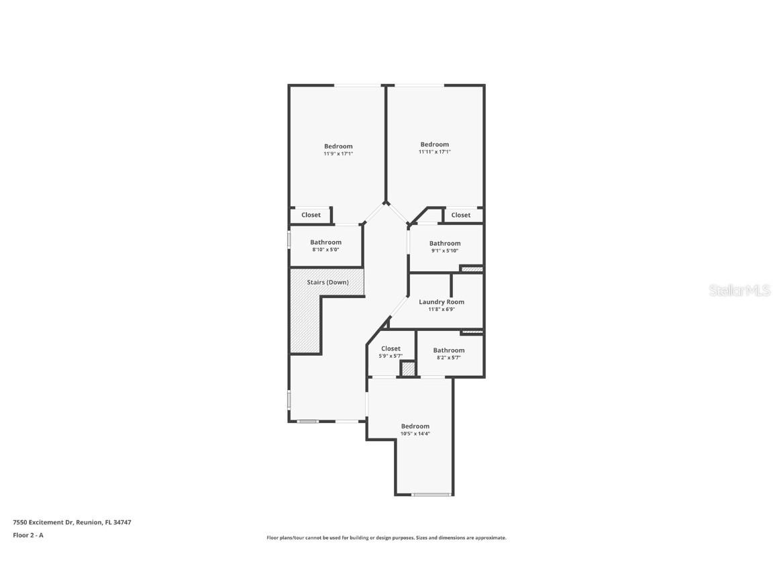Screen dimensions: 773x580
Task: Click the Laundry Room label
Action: pyautogui.click(x=442, y=302)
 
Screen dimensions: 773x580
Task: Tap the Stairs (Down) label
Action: pyautogui.click(x=327, y=282)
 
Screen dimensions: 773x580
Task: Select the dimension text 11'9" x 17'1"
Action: pyautogui.click(x=338, y=154)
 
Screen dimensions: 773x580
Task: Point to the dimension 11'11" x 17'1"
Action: pyautogui.click(x=434, y=152)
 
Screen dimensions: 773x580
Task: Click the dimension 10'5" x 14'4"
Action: pyautogui.click(x=415, y=434)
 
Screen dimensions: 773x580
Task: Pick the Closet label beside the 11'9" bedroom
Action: pyautogui.click(x=311, y=215)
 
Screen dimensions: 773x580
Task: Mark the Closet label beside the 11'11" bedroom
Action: pyautogui.click(x=460, y=215)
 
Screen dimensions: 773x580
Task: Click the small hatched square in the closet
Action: pyautogui.click(x=408, y=369)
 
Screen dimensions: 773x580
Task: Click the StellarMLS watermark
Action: pyautogui.click(x=739, y=291)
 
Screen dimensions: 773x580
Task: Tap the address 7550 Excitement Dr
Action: pyautogui.click(x=43, y=522)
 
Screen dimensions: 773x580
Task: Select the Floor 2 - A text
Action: pyautogui.click(x=28, y=535)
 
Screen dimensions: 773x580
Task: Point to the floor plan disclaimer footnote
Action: pyautogui.click(x=386, y=538)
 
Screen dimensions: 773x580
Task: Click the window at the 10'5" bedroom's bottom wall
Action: pyautogui.click(x=432, y=494)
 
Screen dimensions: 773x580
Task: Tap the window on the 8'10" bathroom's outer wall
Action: pyautogui.click(x=289, y=239)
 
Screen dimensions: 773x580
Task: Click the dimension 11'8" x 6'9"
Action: pyautogui.click(x=442, y=309)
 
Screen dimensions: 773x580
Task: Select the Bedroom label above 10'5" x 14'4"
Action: pyautogui.click(x=415, y=426)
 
